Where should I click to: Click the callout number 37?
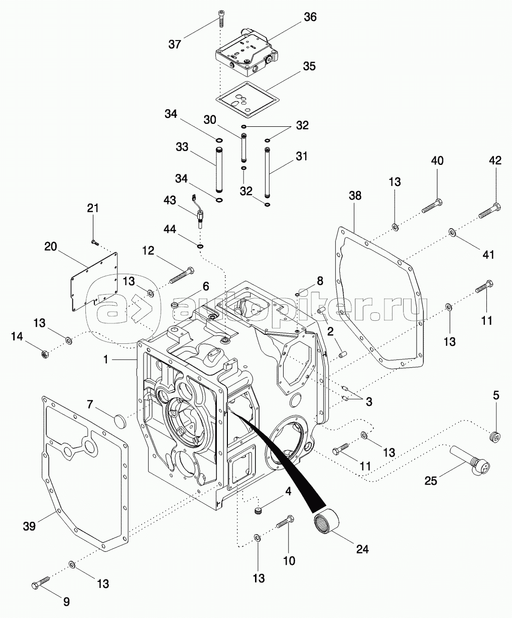click(x=175, y=44)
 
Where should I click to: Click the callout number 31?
click(x=301, y=157)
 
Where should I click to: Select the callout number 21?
click(x=93, y=209)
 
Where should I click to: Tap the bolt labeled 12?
click(x=181, y=274)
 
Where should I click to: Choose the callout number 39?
click(x=29, y=526)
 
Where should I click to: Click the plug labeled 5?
click(x=495, y=436)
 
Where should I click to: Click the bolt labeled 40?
click(x=432, y=207)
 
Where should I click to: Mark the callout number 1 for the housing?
click(x=106, y=359)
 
